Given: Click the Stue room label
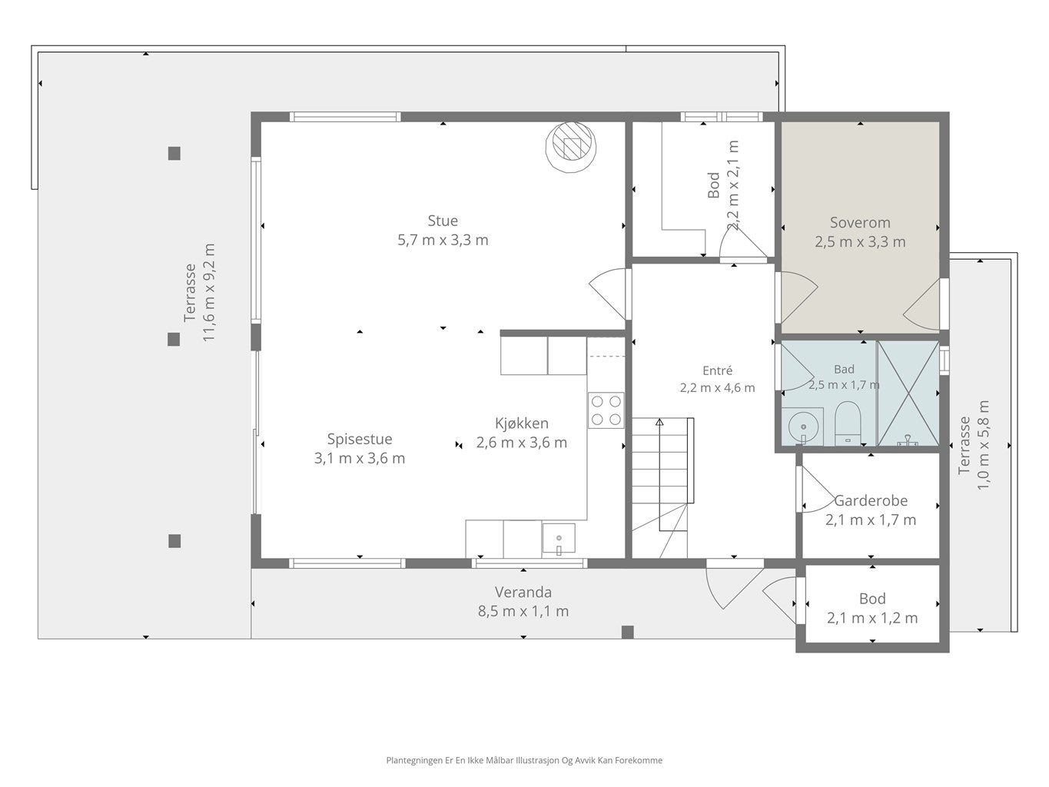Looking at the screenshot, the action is point(443,221).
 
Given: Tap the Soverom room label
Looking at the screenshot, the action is point(860,223).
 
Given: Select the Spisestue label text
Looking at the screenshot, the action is point(360,439).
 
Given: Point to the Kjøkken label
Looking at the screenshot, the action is point(521,423).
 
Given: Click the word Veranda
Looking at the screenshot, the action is point(523,592).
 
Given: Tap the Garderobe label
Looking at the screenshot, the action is point(870,500).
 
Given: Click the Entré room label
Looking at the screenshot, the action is point(717,370).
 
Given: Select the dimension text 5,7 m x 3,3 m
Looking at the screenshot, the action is point(443,240).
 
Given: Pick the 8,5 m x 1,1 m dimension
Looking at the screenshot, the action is point(523,611).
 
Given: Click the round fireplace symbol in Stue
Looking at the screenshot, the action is point(571,147).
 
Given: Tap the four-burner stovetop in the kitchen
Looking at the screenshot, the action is point(606,410).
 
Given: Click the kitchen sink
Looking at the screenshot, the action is point(558,539).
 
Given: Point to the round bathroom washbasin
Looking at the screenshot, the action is point(802,427).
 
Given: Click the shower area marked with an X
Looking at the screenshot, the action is point(908,393).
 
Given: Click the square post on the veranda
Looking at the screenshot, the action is point(628,633).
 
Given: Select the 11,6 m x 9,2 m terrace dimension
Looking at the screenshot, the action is point(209,293).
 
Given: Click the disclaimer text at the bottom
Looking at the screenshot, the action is point(524,760).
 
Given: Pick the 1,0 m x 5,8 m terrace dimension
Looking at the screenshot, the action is point(983,445).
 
